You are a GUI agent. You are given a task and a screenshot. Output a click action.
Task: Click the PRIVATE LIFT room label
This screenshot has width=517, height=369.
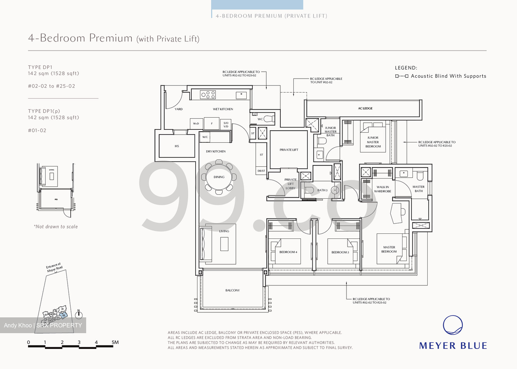coord(289,150)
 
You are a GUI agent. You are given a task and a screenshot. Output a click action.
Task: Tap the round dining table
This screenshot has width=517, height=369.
coord(219,177)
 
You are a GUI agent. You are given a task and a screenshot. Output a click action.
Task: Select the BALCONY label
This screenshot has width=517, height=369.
coord(232,290)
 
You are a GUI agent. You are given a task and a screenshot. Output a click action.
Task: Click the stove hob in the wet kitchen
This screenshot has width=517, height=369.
coord(208,95)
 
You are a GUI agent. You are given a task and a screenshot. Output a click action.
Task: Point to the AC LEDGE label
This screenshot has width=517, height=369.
coord(365,108)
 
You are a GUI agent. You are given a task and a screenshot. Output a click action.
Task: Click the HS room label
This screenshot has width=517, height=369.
coord(177,146)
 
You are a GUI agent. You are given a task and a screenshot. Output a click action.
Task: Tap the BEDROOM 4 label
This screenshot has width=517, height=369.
coord(288,252)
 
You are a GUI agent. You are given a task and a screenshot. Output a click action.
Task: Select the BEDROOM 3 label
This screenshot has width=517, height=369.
coord(340,252)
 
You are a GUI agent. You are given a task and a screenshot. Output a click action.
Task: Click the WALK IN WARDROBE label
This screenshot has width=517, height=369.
coord(382,189)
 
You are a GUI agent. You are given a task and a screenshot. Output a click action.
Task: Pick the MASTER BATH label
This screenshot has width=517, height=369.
coord(418,189)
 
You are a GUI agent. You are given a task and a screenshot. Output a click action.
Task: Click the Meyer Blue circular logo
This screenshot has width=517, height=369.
coord(453,325)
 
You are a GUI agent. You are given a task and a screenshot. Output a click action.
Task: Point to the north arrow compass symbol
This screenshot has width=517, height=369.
coord(79,315)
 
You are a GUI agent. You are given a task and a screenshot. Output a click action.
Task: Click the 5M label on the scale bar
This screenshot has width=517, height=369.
coord(115,342)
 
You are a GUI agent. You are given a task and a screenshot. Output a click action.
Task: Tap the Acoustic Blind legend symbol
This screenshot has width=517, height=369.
coord(402,76)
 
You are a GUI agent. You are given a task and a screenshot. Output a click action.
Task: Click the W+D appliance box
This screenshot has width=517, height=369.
coord(196,124)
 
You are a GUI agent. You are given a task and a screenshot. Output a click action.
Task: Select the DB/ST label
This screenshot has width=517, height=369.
coord(261,171)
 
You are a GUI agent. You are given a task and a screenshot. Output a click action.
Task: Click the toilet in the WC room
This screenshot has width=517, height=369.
coord(270,119)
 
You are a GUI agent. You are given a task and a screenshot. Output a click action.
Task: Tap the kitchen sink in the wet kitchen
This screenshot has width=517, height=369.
coord(241,95)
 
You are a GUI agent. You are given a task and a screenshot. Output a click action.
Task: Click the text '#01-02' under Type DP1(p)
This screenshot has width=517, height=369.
coord(37,131)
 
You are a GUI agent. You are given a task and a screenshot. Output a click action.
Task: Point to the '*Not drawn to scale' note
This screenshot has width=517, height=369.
coord(56,227)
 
